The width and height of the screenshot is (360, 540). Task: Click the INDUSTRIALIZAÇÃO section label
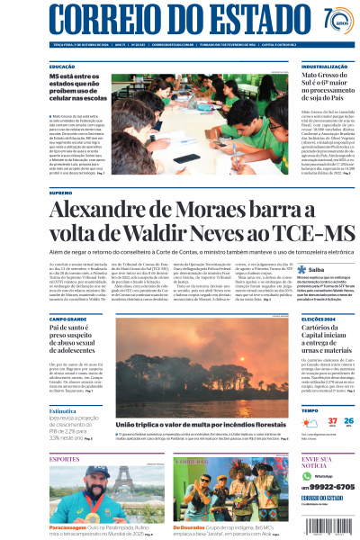(326, 67)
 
